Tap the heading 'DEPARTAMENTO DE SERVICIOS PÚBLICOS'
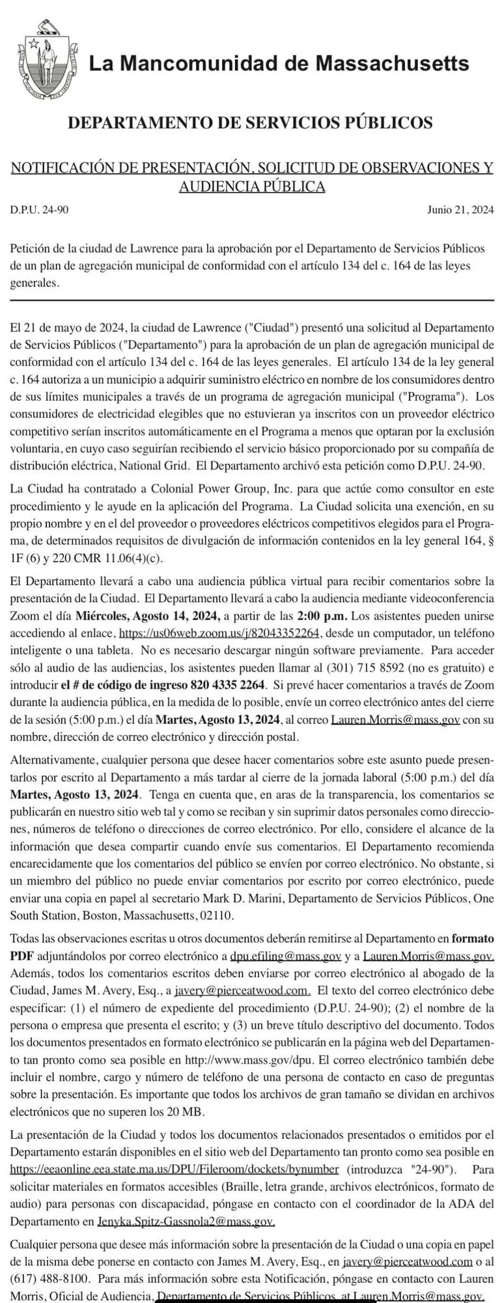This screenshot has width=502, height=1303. pyautogui.click(x=251, y=122)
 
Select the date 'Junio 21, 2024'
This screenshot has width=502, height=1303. pyautogui.click(x=460, y=210)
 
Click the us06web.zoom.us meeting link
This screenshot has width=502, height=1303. pyautogui.click(x=221, y=633)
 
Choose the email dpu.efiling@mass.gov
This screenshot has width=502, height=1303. pyautogui.click(x=286, y=956)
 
